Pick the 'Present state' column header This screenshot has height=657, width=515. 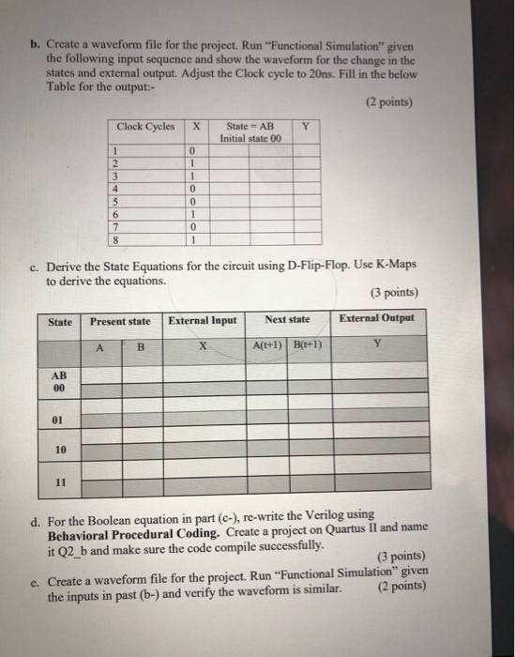120,321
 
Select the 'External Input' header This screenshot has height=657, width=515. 202,321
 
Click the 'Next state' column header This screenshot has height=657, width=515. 287,321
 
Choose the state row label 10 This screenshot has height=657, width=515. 60,450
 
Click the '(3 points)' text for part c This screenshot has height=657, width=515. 397,293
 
